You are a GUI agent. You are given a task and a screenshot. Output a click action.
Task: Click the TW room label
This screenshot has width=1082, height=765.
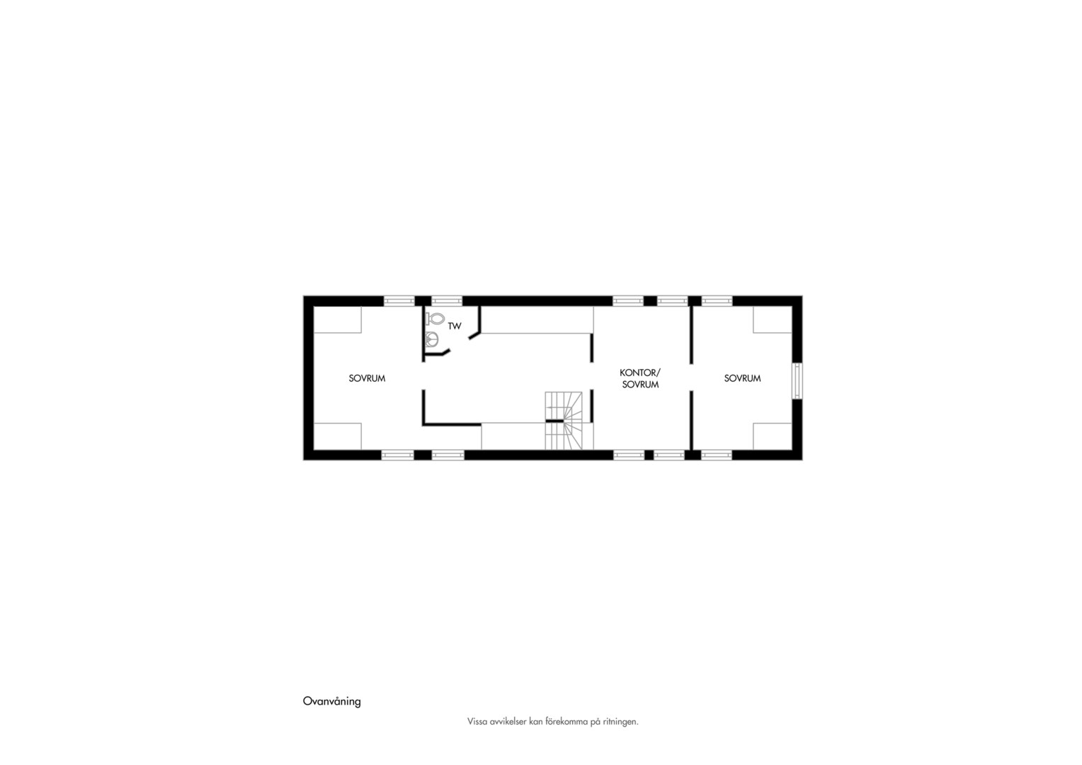point(455,327)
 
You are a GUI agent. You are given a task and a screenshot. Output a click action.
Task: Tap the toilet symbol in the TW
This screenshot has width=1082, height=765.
point(435,319)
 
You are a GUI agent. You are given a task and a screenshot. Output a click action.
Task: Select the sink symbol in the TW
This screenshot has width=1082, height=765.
point(431,339)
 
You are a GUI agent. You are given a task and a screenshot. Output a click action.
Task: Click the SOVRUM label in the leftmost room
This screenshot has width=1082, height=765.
point(367,378)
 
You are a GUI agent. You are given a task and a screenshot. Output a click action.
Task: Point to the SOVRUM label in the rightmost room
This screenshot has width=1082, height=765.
point(742,378)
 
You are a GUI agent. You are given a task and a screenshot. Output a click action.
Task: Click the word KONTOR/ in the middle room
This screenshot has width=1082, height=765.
point(640,373)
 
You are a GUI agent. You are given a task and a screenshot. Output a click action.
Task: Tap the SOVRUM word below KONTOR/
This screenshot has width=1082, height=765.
point(641,385)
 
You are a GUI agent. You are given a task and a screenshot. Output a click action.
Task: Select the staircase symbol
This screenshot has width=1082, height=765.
point(564,421)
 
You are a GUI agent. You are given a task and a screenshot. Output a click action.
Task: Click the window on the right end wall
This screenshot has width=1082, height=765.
point(797,381)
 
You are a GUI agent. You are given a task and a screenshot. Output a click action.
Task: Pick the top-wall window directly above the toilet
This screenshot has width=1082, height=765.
point(447,300)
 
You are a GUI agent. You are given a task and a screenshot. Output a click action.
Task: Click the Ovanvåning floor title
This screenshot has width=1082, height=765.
point(332,701)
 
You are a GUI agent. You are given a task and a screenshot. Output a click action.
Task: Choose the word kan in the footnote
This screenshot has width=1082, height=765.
point(536,722)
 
